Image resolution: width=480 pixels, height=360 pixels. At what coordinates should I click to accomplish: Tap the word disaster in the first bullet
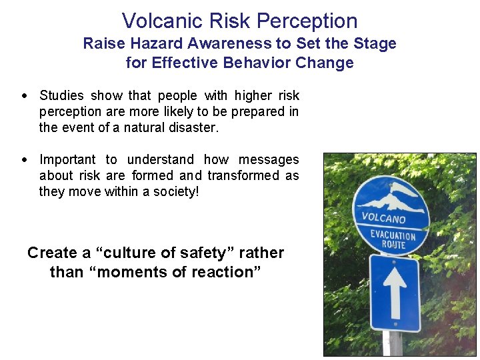coord(194,127)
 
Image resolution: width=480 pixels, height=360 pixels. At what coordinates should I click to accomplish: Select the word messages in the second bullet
coord(269,159)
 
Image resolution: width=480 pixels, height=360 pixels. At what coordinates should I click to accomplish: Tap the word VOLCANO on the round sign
coord(383,217)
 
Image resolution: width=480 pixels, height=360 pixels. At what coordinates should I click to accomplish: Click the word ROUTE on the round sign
coord(393,244)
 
